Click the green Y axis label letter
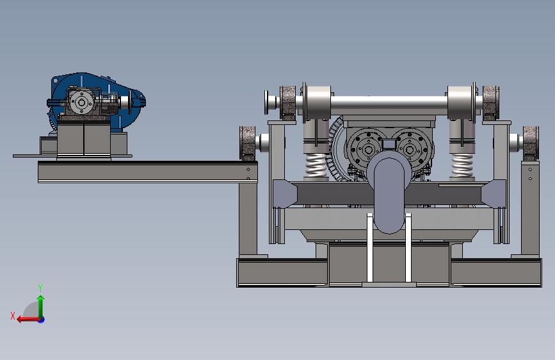tap(40, 288)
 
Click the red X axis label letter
tap(13, 316)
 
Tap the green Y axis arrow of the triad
tap(41, 307)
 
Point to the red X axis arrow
tap(29, 320)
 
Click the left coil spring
tap(316, 165)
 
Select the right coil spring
tap(462, 165)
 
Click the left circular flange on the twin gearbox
tap(367, 149)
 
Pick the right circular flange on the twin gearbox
tap(410, 149)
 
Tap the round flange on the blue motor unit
tap(82, 102)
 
